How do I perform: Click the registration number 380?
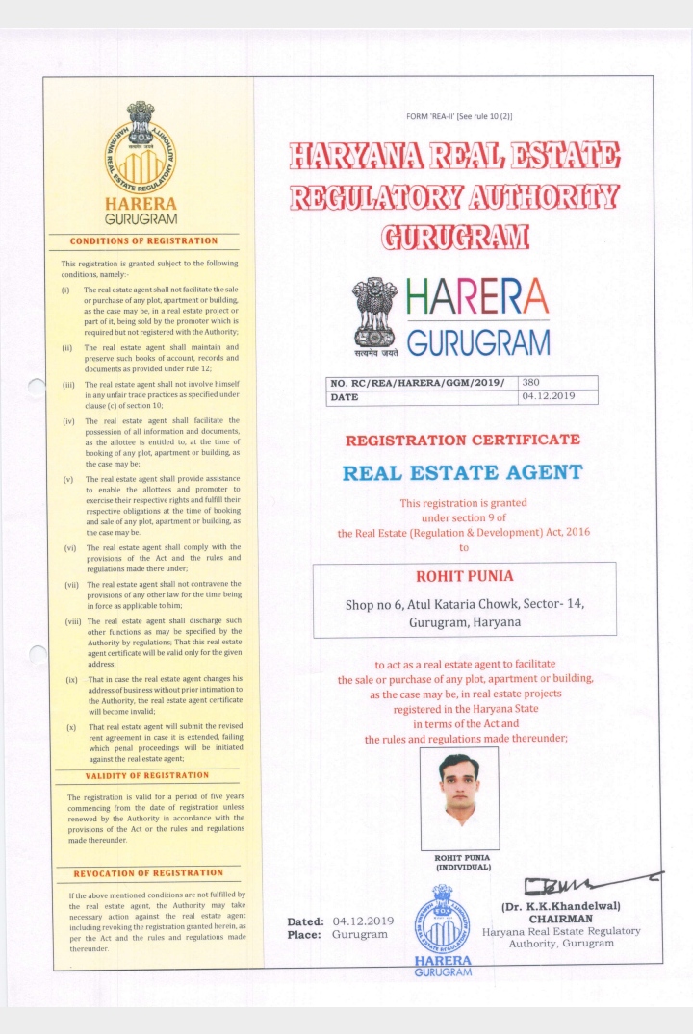pos(532,382)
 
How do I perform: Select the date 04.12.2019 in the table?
pos(547,396)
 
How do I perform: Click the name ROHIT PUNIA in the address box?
pos(464,576)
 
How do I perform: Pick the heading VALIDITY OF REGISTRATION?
pos(146,775)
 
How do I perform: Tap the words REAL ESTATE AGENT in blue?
pos(463,472)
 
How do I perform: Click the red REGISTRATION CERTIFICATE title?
pos(463,440)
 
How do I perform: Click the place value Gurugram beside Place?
pos(359,934)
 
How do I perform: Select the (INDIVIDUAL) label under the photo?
pos(463,867)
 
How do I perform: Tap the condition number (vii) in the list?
pos(71,584)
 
